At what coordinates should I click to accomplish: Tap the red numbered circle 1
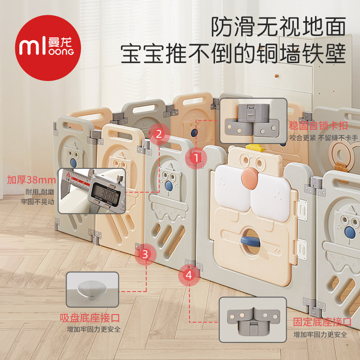197,158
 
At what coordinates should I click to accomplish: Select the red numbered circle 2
158,133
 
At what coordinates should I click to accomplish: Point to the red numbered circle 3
144,254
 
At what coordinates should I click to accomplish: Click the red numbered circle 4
188,274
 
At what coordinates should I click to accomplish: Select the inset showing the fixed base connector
252,321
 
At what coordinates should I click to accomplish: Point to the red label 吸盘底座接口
93,319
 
